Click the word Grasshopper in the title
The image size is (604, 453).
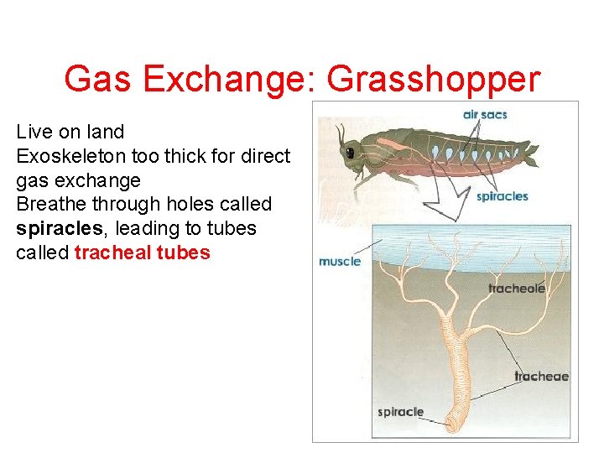click(x=433, y=80)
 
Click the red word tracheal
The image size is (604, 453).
click(x=112, y=253)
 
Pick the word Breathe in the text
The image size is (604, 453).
click(x=49, y=204)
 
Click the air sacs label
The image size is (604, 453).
click(x=484, y=114)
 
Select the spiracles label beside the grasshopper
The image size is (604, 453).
click(x=502, y=196)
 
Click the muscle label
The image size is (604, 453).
click(x=340, y=261)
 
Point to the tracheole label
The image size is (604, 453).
click(x=516, y=289)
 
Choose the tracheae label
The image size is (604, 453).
click(x=541, y=376)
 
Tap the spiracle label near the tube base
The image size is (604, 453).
click(x=400, y=412)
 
